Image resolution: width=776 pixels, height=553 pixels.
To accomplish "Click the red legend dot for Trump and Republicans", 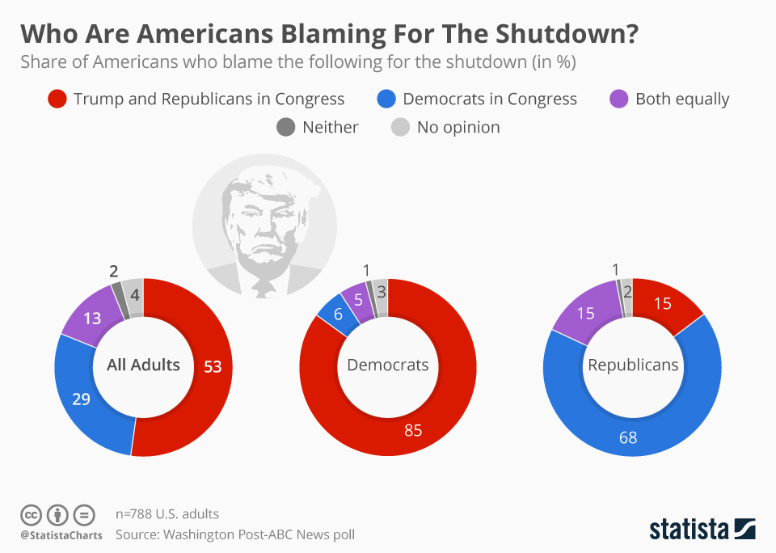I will tap(57, 99).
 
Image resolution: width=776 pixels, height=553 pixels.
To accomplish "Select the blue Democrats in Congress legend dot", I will tap(386, 99).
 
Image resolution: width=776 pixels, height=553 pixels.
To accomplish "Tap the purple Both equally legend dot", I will tap(618, 99).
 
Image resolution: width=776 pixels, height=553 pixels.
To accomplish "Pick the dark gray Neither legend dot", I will tap(286, 127).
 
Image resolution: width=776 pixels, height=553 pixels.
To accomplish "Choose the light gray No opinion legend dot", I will tap(401, 127).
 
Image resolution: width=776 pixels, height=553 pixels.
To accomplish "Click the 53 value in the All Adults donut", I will tap(213, 366).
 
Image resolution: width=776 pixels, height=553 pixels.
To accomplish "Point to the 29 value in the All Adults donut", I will tap(82, 399).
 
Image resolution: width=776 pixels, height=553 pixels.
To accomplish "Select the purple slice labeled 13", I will tap(92, 318).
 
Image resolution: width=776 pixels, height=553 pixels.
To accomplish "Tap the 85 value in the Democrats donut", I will tap(413, 430).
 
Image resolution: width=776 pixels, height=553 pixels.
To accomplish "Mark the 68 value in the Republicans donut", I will tap(628, 437).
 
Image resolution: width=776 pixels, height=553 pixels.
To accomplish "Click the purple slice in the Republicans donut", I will tap(585, 312).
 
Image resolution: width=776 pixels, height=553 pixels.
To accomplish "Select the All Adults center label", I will tap(143, 365).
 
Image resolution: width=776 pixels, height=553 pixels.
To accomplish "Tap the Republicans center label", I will tap(633, 365).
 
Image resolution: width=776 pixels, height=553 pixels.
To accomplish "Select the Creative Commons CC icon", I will tap(31, 514).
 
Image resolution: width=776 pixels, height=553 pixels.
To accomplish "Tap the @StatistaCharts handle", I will tap(61, 534).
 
